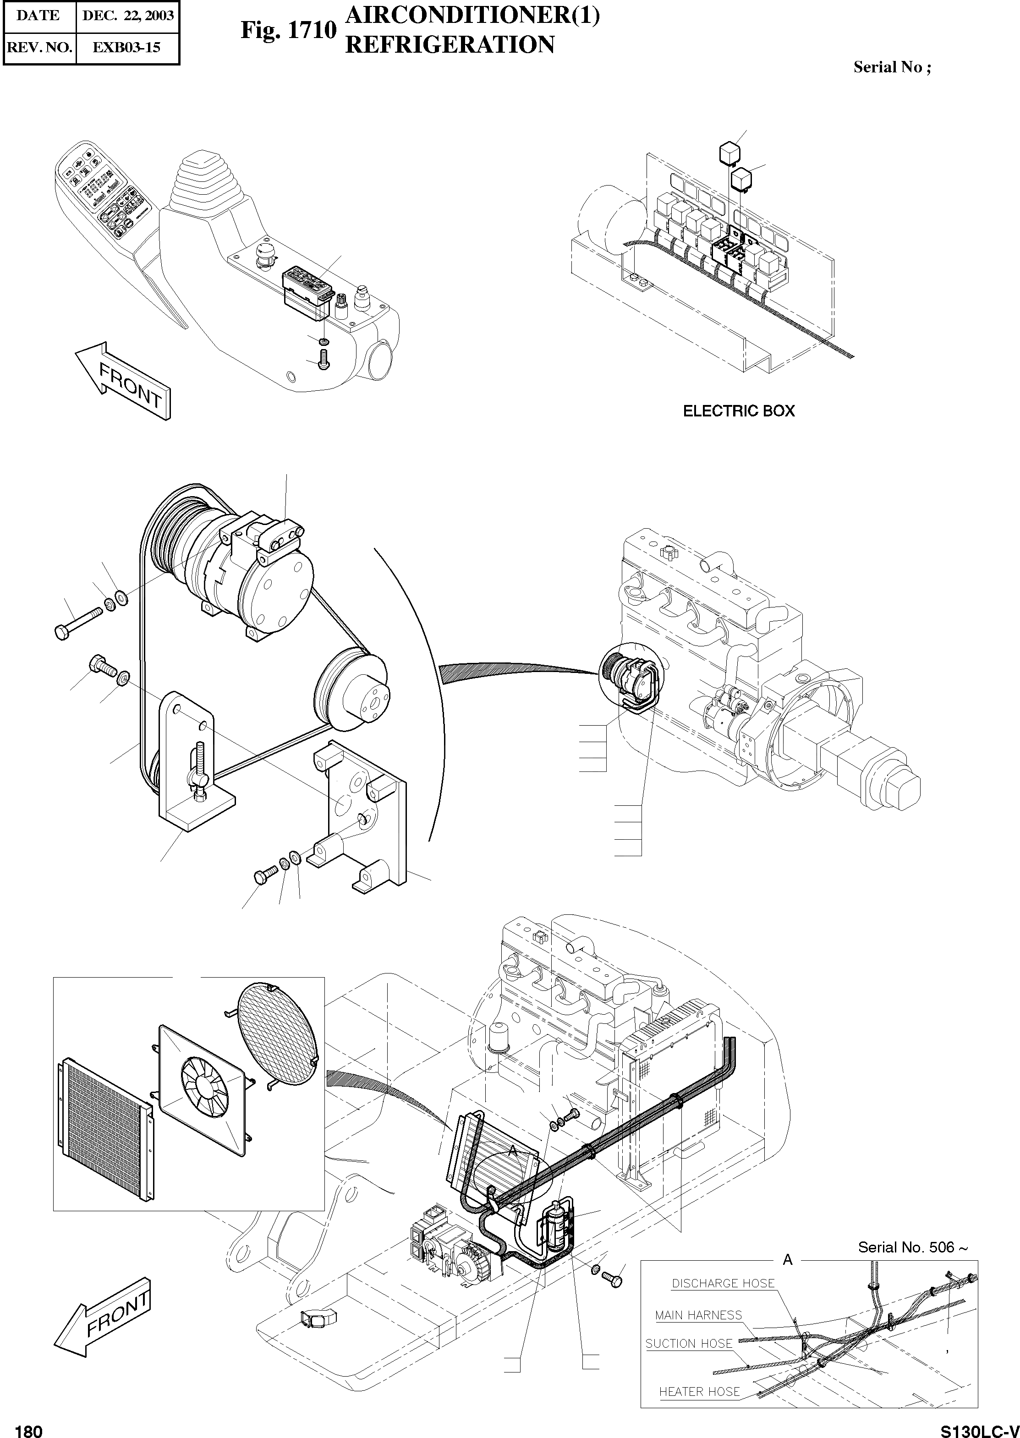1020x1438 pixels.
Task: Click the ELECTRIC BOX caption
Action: tap(739, 411)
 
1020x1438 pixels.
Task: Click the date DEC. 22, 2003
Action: tap(127, 16)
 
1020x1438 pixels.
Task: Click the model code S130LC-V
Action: tap(979, 1427)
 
